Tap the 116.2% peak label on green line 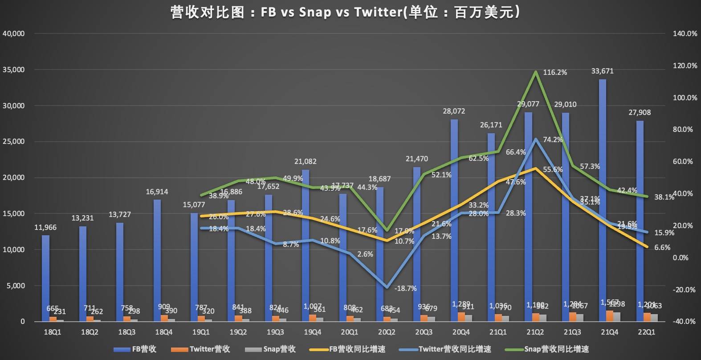click(x=555, y=72)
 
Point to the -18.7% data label click(x=405, y=288)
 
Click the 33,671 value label click(x=602, y=71)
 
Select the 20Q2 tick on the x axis click(x=387, y=332)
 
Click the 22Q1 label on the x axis click(x=646, y=332)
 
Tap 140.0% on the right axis click(x=685, y=33)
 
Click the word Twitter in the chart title click(x=378, y=12)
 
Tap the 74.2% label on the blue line click(x=553, y=139)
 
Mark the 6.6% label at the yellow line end click(x=662, y=247)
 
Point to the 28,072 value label click(x=454, y=111)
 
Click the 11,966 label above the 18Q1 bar click(x=45, y=227)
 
